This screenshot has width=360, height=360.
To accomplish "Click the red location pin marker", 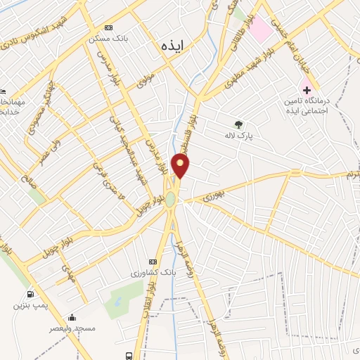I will click(181, 166).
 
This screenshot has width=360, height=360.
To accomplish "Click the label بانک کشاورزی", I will click(152, 271).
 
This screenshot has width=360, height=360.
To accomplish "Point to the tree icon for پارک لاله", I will click(238, 124).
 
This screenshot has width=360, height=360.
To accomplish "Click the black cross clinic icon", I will click(307, 89).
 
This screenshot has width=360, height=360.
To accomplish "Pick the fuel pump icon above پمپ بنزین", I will click(30, 294).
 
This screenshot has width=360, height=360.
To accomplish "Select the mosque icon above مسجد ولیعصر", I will click(71, 317).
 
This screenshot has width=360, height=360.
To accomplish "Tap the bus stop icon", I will click(129, 354).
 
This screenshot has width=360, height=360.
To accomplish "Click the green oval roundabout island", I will click(170, 200).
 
